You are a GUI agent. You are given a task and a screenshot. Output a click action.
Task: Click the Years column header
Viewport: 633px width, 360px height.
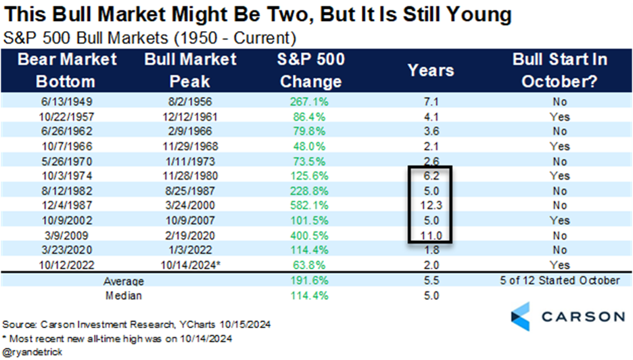coord(431,70)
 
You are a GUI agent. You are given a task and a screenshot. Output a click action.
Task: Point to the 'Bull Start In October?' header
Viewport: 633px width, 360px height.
coord(558,70)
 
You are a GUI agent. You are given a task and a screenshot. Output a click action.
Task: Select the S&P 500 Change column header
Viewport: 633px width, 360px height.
coord(310,70)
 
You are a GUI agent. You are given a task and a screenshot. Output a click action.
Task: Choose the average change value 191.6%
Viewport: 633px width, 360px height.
coord(310,280)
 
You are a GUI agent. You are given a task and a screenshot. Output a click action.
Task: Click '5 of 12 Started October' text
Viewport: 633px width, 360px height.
coord(558,280)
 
